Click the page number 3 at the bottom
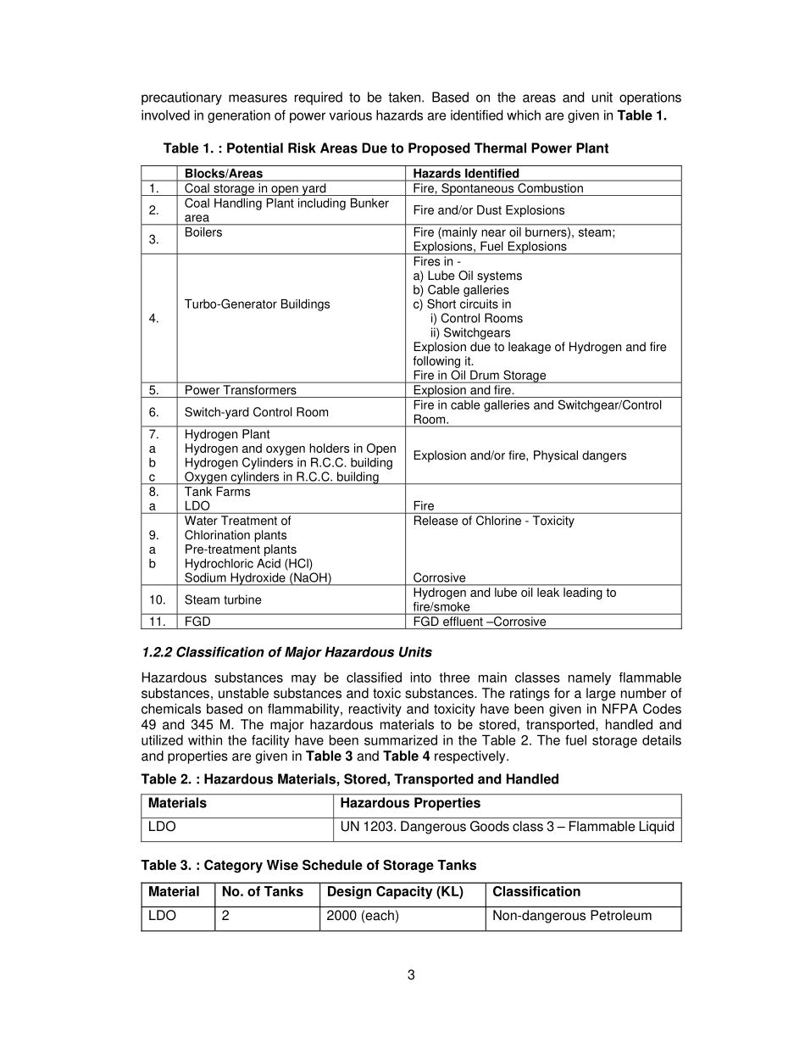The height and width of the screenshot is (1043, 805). (411, 975)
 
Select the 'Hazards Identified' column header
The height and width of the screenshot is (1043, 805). (466, 174)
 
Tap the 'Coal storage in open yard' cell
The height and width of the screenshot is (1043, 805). (255, 188)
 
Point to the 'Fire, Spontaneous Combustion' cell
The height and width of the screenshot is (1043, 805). (498, 188)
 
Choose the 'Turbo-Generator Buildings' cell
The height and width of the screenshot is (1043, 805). (258, 304)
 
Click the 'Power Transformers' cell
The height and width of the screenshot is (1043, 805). (241, 391)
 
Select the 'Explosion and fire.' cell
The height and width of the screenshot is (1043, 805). (464, 391)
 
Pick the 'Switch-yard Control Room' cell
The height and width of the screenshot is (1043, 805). (257, 412)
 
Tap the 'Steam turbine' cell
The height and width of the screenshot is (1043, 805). (223, 600)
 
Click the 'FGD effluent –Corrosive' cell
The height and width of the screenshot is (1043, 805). (480, 622)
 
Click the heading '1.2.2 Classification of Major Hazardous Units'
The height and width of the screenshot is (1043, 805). (286, 653)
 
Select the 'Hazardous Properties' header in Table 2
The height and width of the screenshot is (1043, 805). (410, 803)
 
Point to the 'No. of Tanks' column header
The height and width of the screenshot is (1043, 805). (263, 892)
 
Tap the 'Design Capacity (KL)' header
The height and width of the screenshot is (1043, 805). (395, 892)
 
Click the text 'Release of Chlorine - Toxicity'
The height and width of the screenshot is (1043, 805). (493, 521)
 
